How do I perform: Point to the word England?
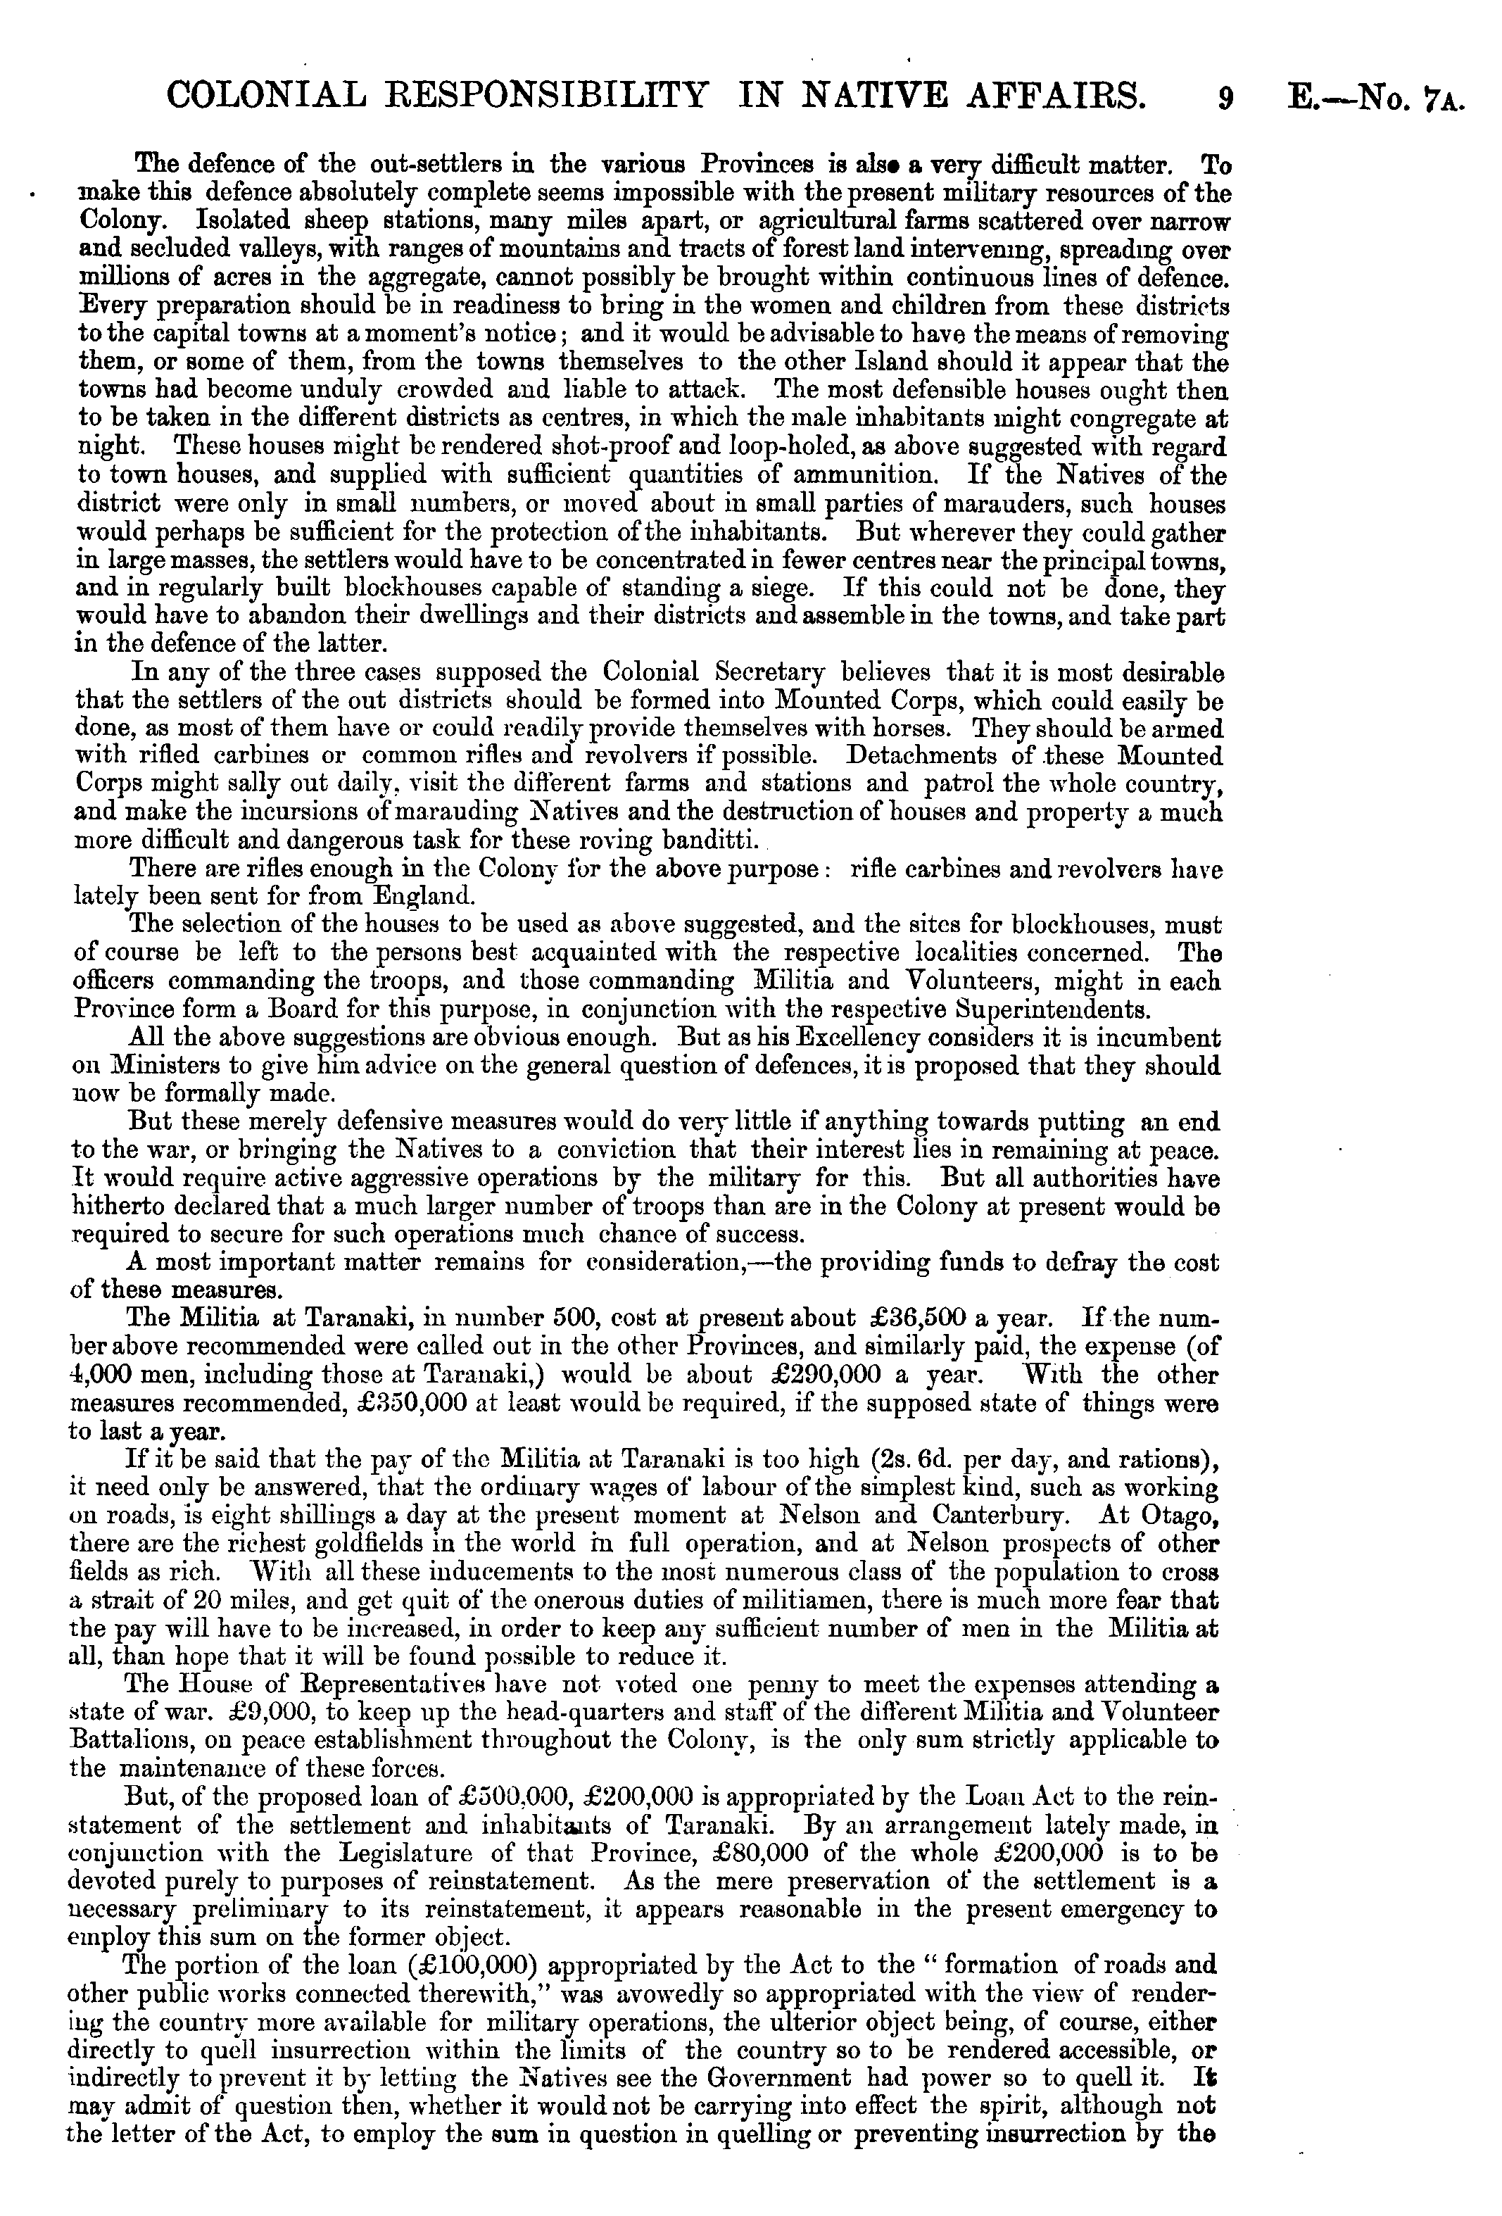pos(419,896)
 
